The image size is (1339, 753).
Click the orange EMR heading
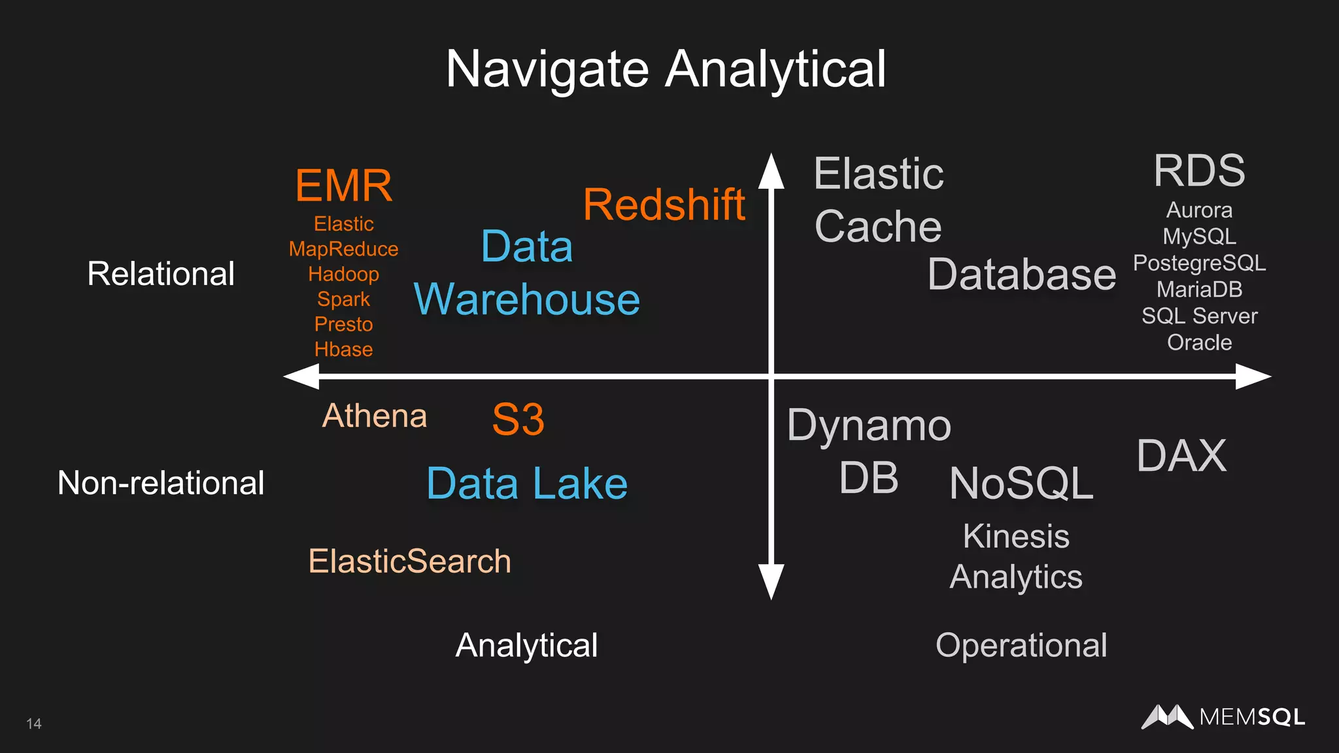[x=344, y=186]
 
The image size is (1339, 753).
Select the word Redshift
[x=664, y=205]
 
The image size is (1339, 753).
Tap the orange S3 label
[x=518, y=420]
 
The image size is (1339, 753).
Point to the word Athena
[x=375, y=416]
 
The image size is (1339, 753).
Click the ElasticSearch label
[x=409, y=561]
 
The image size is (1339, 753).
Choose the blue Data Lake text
[x=527, y=484]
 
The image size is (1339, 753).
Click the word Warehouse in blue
[x=527, y=299]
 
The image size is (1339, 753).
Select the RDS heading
[x=1199, y=171]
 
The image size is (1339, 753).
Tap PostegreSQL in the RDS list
[x=1199, y=263]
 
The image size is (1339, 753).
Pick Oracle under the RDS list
[x=1199, y=343]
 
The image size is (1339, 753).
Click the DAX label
[x=1181, y=456]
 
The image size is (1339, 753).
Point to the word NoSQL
[x=1021, y=484]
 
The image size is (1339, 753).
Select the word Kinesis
[x=1016, y=537]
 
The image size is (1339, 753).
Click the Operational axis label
[x=1021, y=646]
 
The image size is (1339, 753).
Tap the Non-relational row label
[x=161, y=483]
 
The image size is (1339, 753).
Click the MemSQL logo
[x=1223, y=717]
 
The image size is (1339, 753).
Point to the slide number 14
[x=34, y=724]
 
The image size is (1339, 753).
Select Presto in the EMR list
[x=343, y=324]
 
